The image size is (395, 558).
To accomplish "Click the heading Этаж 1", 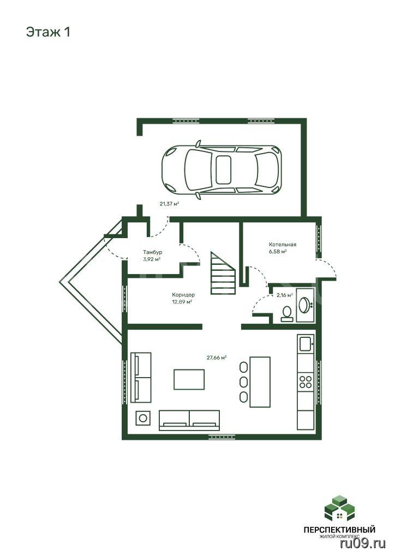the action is [x=48, y=32].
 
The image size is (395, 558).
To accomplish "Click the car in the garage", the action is [x=222, y=171].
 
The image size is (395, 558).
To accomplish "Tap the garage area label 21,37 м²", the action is [x=169, y=204].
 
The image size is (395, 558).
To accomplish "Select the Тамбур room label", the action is [x=152, y=252].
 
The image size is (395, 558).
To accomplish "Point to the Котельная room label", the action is [x=283, y=245].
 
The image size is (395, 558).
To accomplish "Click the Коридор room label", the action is [x=183, y=295].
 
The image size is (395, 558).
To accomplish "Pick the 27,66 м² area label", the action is [x=217, y=357].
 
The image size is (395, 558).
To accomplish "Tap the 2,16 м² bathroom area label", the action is [x=285, y=295].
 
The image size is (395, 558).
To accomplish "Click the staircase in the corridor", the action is [x=223, y=273].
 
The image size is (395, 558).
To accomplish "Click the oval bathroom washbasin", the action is [x=304, y=305].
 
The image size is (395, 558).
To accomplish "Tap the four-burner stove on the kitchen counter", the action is [x=306, y=382].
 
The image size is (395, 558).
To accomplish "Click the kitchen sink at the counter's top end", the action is [x=306, y=344].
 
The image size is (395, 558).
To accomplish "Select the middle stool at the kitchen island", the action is [x=244, y=382].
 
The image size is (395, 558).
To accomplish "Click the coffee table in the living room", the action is [x=189, y=379].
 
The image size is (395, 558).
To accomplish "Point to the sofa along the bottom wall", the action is [x=189, y=420].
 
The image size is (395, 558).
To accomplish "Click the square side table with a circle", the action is [x=143, y=418].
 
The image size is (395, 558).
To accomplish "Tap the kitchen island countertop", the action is [x=260, y=382].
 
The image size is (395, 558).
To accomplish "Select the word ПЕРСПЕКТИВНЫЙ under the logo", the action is [x=339, y=530].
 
